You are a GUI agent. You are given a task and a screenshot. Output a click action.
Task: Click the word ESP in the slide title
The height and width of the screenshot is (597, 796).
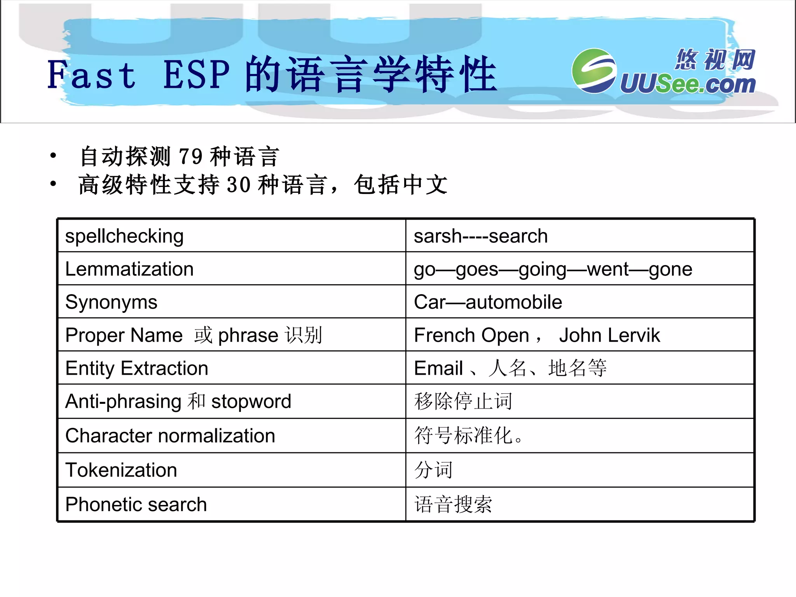(x=196, y=75)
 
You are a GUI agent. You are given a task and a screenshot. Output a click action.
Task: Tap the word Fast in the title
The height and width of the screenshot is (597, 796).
(x=92, y=75)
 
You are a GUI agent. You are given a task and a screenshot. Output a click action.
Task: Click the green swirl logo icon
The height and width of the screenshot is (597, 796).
(x=594, y=71)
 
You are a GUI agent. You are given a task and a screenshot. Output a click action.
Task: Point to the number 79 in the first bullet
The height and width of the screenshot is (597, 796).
(x=190, y=157)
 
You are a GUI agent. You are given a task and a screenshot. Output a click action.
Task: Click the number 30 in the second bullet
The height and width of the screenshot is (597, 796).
(x=238, y=185)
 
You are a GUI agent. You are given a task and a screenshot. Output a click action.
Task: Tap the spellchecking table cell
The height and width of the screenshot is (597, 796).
(x=124, y=236)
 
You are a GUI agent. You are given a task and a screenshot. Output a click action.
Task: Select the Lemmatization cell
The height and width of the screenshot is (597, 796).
(x=129, y=269)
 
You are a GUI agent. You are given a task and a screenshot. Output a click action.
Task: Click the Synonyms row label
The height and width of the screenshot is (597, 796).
(x=111, y=302)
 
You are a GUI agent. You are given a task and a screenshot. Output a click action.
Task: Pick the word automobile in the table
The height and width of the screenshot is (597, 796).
(x=514, y=302)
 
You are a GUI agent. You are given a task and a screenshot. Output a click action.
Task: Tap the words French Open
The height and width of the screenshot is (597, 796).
(x=471, y=335)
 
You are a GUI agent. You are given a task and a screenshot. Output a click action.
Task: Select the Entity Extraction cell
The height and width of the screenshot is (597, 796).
(x=137, y=368)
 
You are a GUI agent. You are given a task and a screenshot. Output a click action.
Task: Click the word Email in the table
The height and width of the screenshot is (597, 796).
(x=438, y=368)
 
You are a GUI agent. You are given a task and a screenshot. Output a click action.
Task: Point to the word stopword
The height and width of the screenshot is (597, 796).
(x=251, y=401)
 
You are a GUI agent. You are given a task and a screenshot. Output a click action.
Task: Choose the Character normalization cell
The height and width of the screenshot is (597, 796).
(x=170, y=436)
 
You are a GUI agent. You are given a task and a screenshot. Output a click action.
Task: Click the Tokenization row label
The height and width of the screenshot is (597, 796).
(x=121, y=470)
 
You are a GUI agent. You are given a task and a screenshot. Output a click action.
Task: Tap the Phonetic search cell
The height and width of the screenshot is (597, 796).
(x=136, y=504)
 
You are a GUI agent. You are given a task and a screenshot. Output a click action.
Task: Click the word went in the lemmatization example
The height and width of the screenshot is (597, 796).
(x=608, y=269)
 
